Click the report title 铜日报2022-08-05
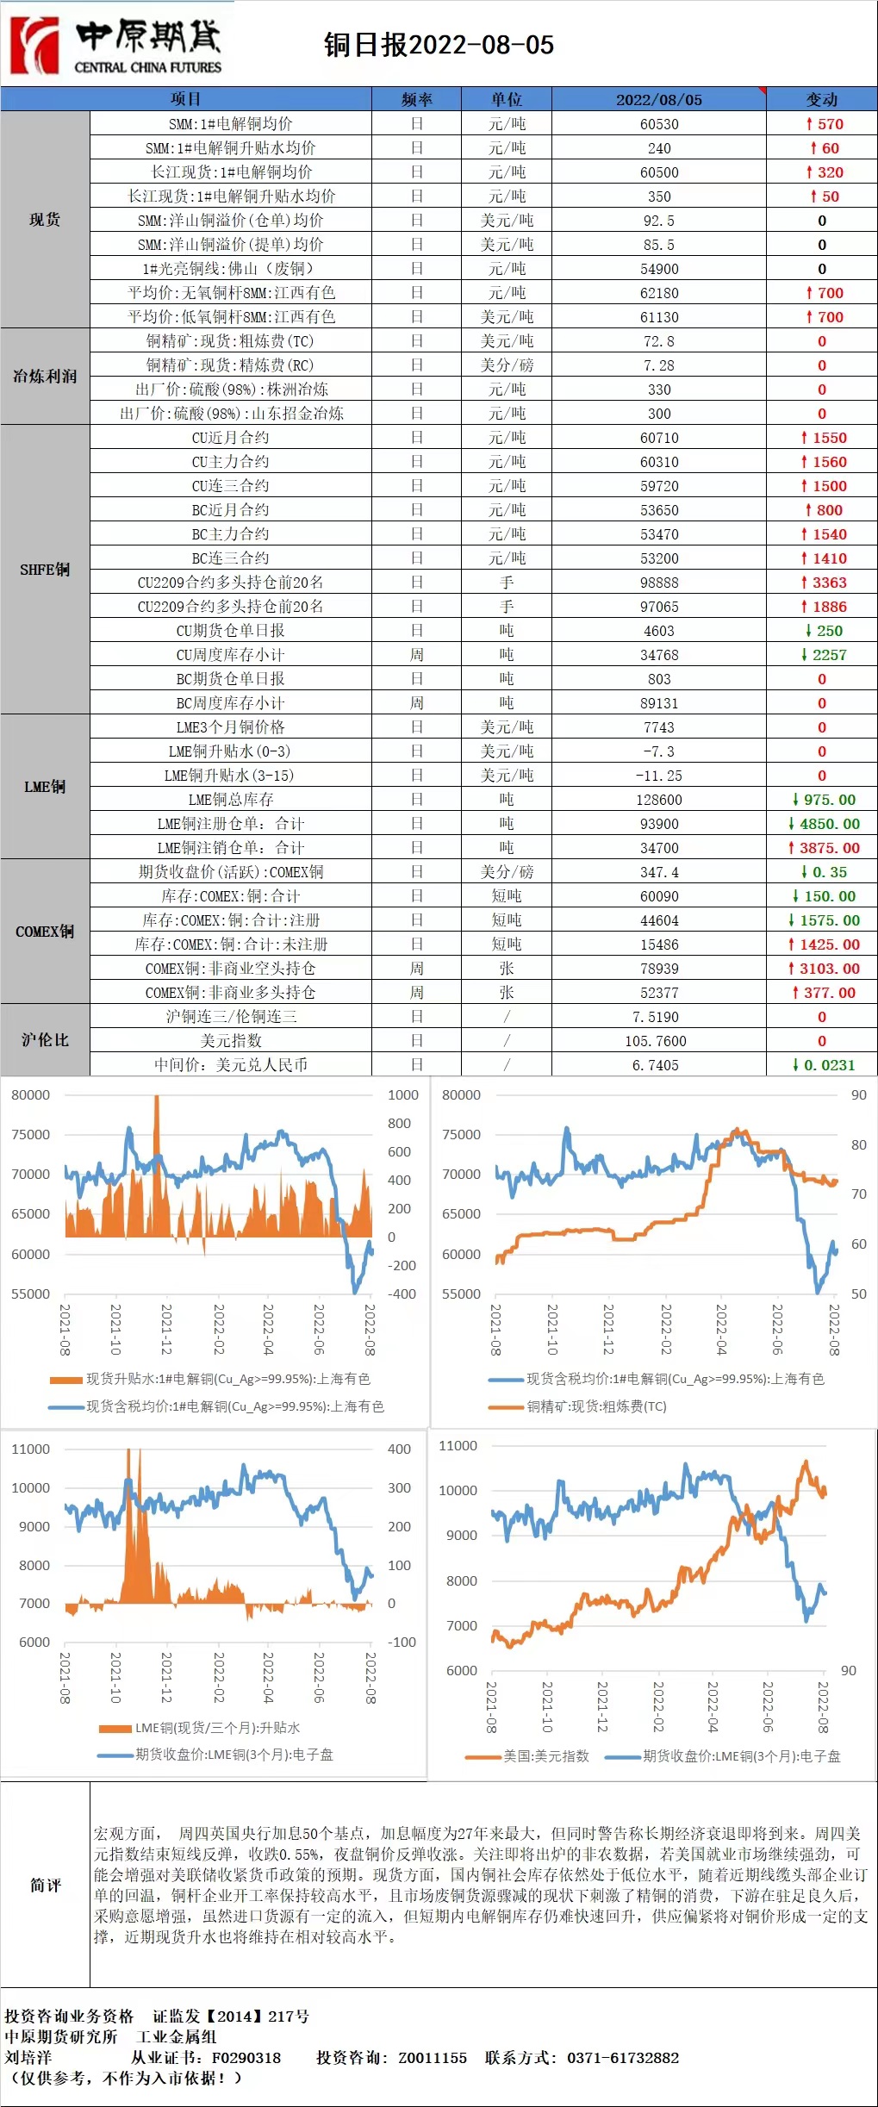pos(439,45)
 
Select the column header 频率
pos(417,99)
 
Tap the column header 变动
pos(821,99)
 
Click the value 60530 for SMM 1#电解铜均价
pos(659,124)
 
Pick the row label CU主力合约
pos(230,462)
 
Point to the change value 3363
pos(824,583)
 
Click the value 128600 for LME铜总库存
pos(659,800)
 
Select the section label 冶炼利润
pos(45,377)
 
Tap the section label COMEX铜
pos(45,932)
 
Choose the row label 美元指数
pos(230,1041)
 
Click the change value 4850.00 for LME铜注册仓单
pos(824,824)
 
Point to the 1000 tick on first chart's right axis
pos(402,1095)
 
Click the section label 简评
pos(45,1886)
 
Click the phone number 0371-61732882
pos(623,2058)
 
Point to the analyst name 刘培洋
pos(28,2058)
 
